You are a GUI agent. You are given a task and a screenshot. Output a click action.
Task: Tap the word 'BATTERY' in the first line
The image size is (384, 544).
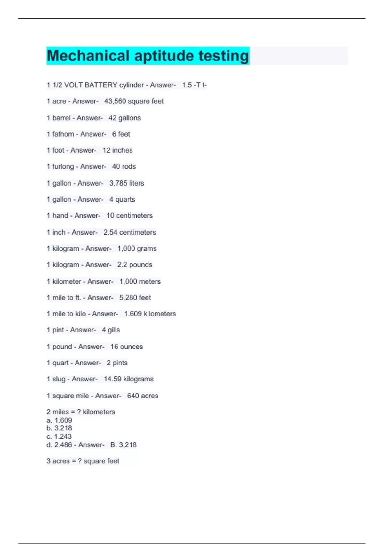pyautogui.click(x=101, y=85)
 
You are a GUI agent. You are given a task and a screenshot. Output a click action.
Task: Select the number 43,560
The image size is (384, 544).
pyautogui.click(x=115, y=101)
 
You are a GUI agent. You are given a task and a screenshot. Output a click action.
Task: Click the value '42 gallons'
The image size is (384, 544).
pyautogui.click(x=124, y=118)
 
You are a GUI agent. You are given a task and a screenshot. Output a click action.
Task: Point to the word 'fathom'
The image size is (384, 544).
pyautogui.click(x=63, y=134)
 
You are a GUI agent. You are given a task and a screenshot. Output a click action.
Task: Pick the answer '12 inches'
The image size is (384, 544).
pyautogui.click(x=117, y=150)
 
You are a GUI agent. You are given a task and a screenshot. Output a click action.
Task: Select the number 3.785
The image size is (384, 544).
pyautogui.click(x=118, y=183)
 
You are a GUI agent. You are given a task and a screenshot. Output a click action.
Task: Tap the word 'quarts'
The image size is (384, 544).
pyautogui.click(x=125, y=199)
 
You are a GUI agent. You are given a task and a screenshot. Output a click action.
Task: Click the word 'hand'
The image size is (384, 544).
pyautogui.click(x=60, y=216)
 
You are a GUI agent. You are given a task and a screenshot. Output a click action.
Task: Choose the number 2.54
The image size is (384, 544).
pyautogui.click(x=110, y=232)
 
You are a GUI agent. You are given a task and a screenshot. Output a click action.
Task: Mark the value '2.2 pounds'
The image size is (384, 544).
pyautogui.click(x=135, y=265)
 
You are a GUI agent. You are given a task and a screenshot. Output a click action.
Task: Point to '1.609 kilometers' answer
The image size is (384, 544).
pyautogui.click(x=150, y=314)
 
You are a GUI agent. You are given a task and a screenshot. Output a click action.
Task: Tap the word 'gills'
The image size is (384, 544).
pyautogui.click(x=114, y=330)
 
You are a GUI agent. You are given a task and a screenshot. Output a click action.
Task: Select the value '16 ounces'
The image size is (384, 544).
pyautogui.click(x=127, y=347)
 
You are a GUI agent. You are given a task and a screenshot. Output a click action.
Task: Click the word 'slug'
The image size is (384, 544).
pyautogui.click(x=59, y=379)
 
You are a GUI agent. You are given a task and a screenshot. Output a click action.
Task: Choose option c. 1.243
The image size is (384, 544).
pyautogui.click(x=59, y=436)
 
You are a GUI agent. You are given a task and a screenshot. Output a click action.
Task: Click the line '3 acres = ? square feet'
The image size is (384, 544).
pyautogui.click(x=83, y=461)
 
